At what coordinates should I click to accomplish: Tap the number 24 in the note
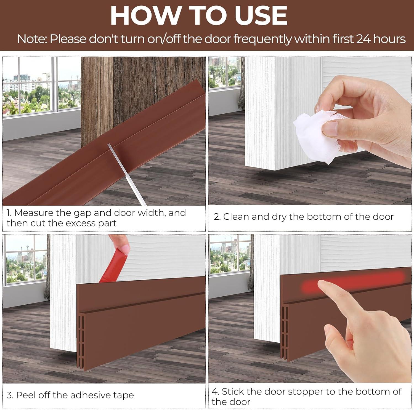tap(363, 39)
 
